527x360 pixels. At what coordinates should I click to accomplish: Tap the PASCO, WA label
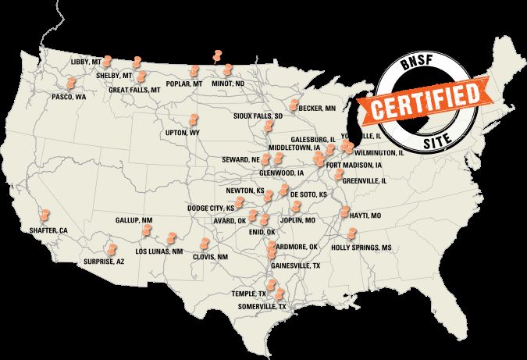69,97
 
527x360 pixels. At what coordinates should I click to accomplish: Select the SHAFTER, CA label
48,230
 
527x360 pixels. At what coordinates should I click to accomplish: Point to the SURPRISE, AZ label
104,262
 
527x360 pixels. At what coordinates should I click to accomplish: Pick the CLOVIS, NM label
210,257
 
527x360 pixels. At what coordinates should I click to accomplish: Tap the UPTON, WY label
183,134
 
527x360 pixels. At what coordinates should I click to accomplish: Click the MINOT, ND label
228,84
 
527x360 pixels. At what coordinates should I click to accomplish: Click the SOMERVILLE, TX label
263,307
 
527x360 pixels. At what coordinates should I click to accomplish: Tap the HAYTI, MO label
365,215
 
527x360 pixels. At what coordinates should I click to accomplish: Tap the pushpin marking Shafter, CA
45,212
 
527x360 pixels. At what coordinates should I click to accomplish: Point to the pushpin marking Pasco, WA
71,82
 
